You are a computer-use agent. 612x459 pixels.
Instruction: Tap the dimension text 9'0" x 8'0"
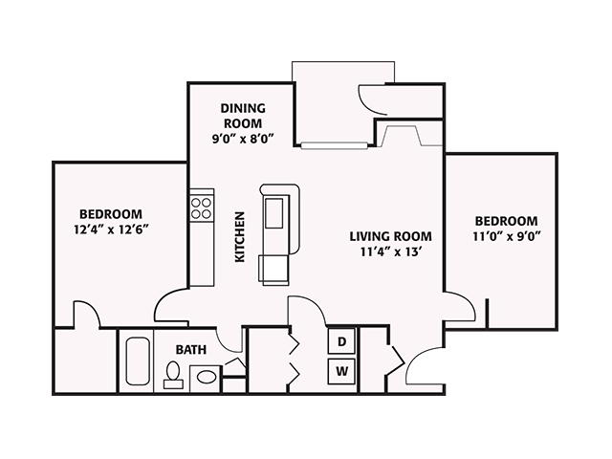click(x=242, y=138)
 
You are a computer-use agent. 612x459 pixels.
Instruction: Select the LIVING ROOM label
click(x=390, y=236)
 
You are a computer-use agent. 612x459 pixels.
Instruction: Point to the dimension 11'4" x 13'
click(x=390, y=252)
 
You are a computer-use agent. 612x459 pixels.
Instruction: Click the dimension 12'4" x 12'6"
click(x=111, y=229)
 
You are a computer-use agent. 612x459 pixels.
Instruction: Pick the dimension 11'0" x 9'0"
click(x=506, y=237)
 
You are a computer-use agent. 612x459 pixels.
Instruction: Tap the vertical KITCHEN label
click(x=240, y=236)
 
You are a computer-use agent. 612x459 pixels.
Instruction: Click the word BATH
click(x=190, y=350)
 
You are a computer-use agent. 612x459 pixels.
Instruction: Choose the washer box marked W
click(x=342, y=370)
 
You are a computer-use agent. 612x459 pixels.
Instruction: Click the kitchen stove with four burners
click(x=201, y=208)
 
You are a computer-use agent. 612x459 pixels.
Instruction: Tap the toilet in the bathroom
click(x=173, y=375)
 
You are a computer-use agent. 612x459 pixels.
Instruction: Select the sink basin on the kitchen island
click(x=273, y=210)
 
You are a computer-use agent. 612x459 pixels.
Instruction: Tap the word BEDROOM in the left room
click(x=111, y=213)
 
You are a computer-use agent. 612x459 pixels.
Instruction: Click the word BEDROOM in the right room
click(x=506, y=221)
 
